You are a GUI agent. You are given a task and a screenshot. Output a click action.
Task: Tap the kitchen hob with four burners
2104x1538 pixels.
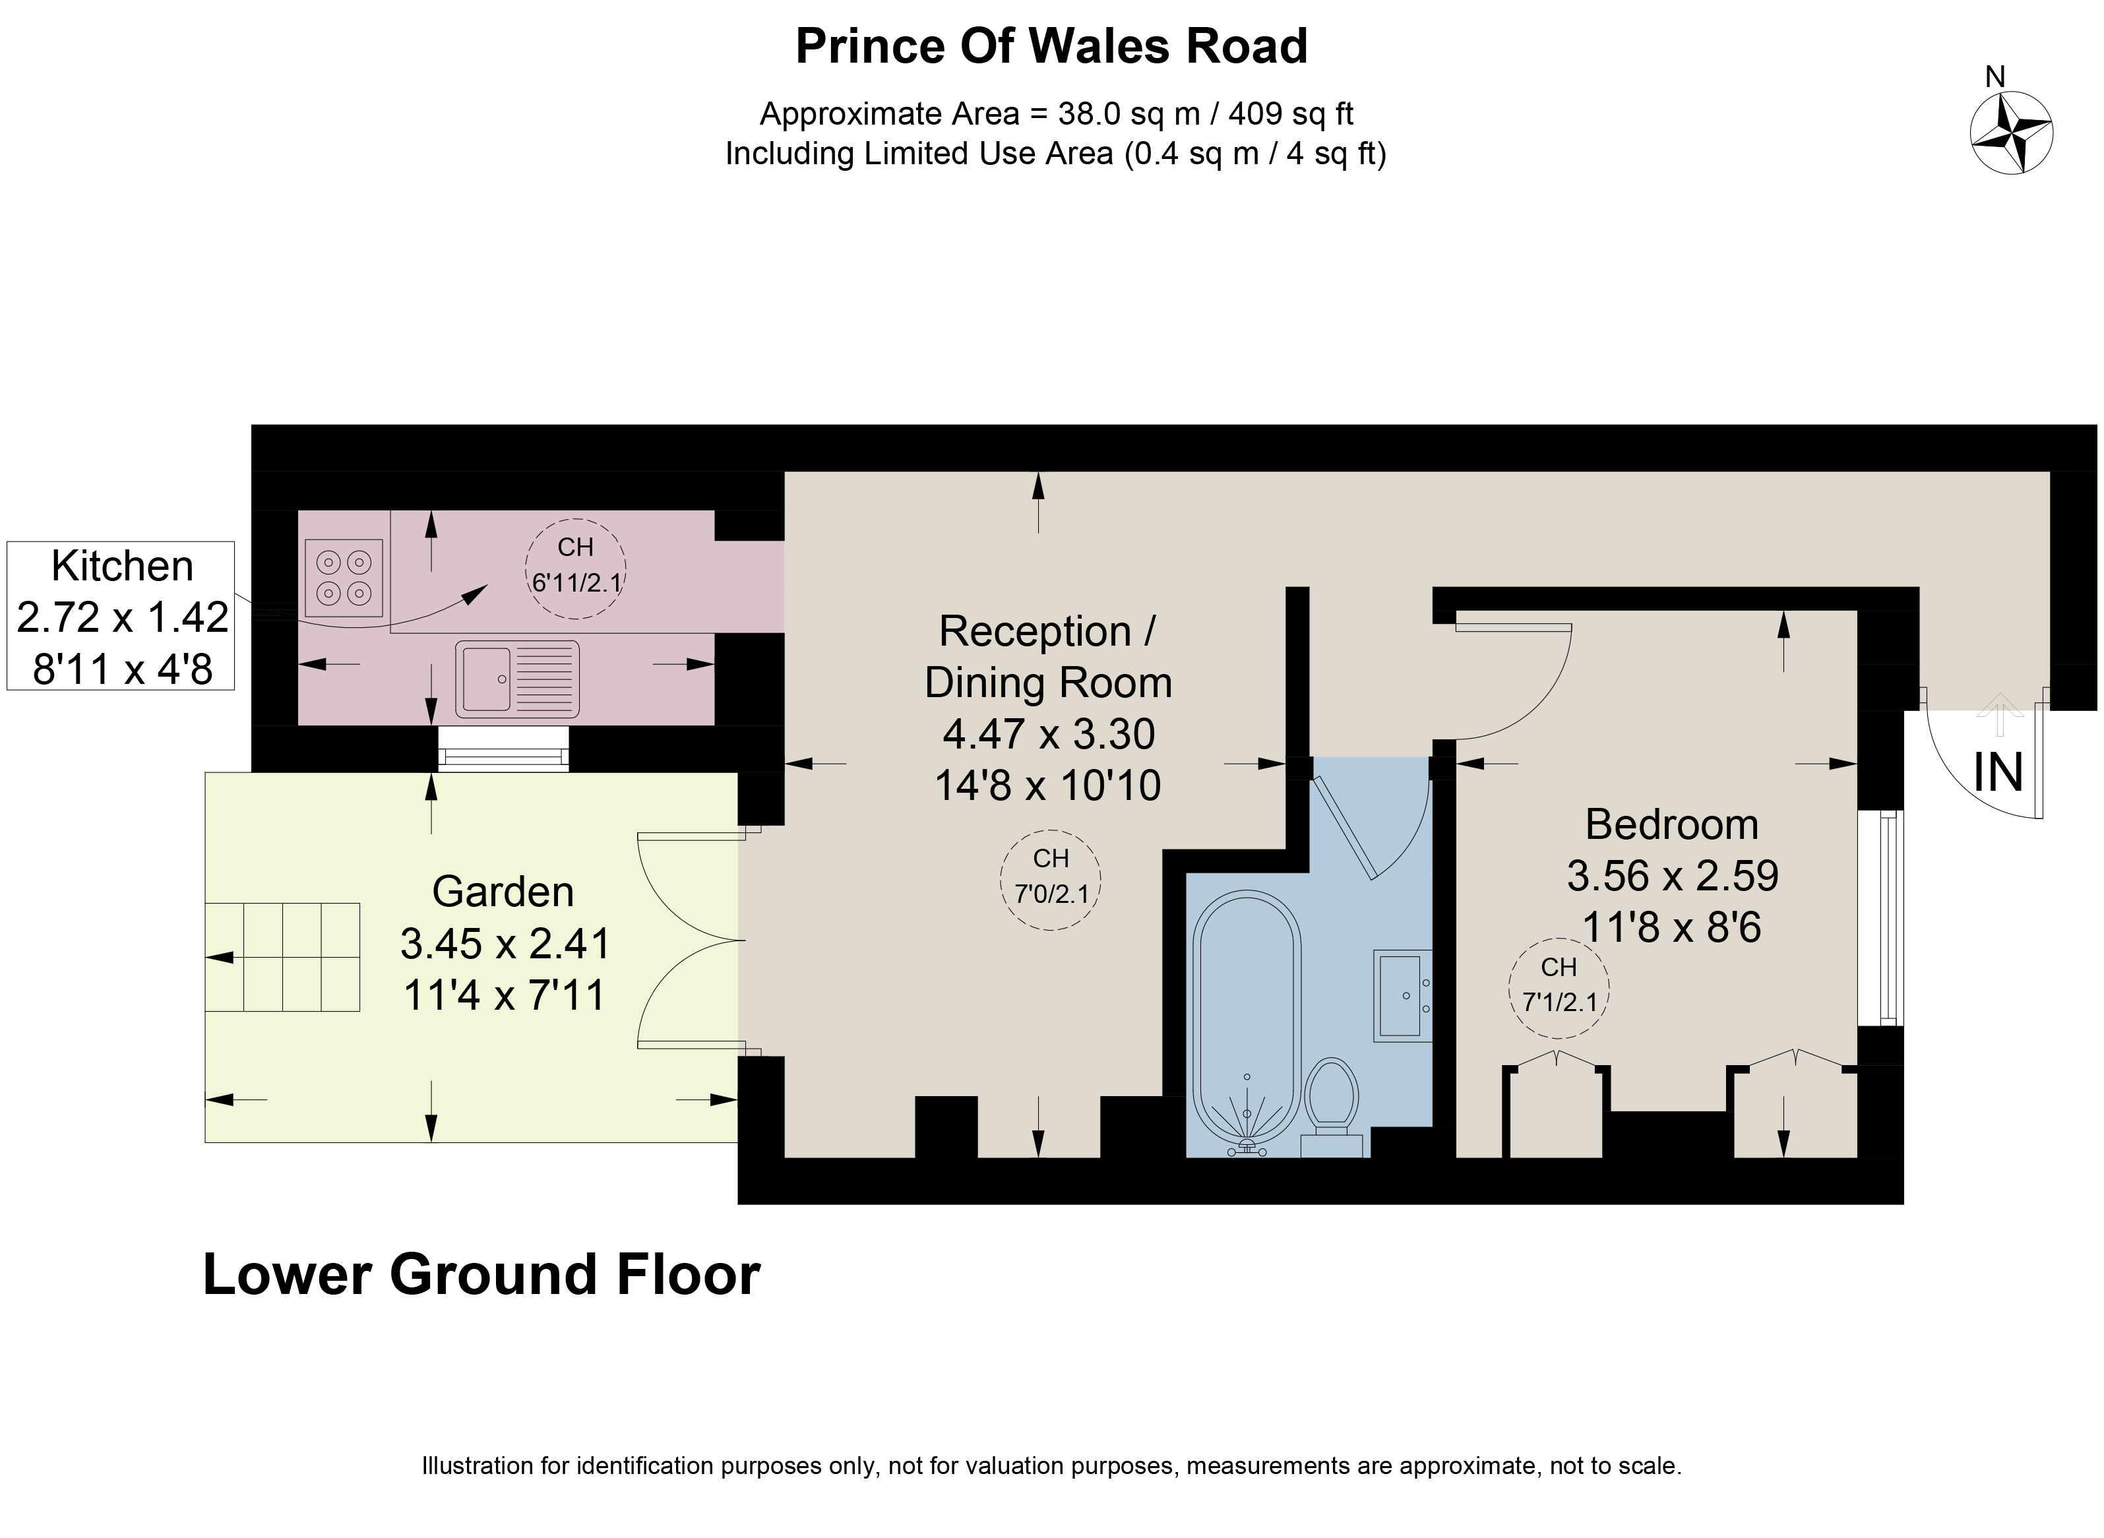point(344,578)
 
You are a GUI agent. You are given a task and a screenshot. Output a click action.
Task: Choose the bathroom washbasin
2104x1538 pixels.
point(1403,995)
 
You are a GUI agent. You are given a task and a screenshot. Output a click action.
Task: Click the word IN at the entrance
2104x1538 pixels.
point(1998,772)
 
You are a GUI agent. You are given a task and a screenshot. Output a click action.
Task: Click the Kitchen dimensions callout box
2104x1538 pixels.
point(121,616)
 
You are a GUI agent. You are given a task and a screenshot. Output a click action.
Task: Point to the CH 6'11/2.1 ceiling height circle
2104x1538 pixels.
point(576,568)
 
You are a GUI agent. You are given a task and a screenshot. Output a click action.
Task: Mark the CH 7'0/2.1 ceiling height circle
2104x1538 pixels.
point(1050,880)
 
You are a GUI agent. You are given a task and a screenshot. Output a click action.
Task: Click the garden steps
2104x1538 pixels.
point(283,957)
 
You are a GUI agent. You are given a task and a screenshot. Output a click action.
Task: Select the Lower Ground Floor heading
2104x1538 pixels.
point(481,1275)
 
